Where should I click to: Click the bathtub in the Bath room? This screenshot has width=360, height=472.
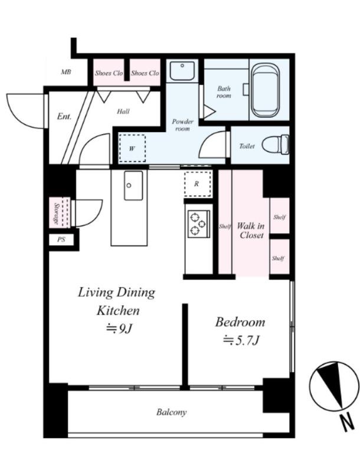tap(265, 90)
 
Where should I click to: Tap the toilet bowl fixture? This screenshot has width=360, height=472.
tap(276, 145)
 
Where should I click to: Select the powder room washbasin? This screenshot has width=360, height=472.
tap(182, 71)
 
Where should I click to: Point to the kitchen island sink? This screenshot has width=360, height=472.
tap(133, 185)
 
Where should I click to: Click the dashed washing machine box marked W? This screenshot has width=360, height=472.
tap(132, 149)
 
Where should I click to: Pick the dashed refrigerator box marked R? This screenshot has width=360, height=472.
tap(197, 183)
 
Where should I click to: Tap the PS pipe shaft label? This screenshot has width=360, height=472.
tap(61, 240)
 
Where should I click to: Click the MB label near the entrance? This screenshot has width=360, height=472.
tap(66, 72)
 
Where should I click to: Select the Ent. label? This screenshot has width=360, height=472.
tap(64, 116)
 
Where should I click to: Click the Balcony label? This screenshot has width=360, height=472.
tap(172, 412)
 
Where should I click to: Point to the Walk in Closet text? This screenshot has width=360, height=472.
tap(251, 230)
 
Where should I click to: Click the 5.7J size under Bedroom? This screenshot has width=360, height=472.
tap(241, 340)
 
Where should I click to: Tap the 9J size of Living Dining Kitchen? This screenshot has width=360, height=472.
tap(119, 329)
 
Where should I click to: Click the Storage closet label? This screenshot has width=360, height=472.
tap(56, 213)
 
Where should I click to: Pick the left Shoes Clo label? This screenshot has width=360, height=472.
tap(109, 73)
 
